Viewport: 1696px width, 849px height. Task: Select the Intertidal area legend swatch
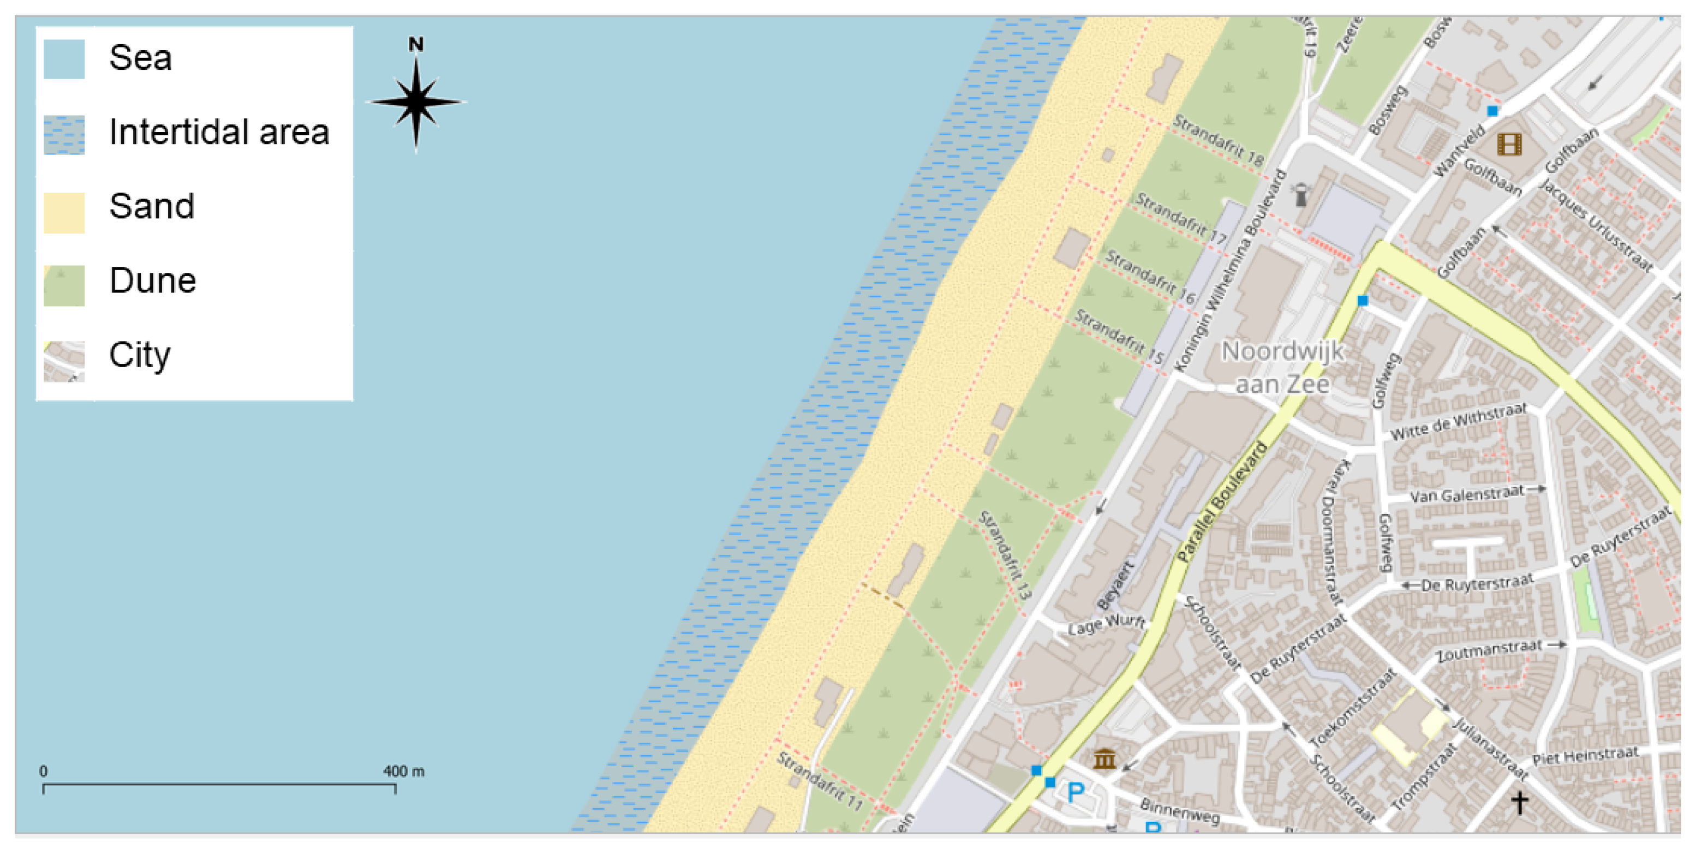tap(64, 135)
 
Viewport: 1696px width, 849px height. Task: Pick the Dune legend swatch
tap(64, 285)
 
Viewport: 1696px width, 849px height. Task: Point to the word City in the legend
tap(140, 355)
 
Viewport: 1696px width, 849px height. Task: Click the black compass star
tap(416, 102)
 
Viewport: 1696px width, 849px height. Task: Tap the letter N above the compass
tap(415, 45)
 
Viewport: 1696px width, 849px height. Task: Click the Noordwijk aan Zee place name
tap(1282, 367)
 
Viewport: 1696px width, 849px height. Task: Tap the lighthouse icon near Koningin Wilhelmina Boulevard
tap(1300, 195)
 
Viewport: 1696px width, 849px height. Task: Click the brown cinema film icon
tap(1509, 144)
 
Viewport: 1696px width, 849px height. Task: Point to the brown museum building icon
tap(1104, 758)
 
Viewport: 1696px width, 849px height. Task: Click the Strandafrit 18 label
tap(1218, 140)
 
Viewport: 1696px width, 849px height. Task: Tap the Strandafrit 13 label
tap(1005, 555)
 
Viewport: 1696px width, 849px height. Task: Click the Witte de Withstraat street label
tap(1458, 421)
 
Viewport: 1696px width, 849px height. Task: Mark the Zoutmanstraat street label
tap(1489, 650)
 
